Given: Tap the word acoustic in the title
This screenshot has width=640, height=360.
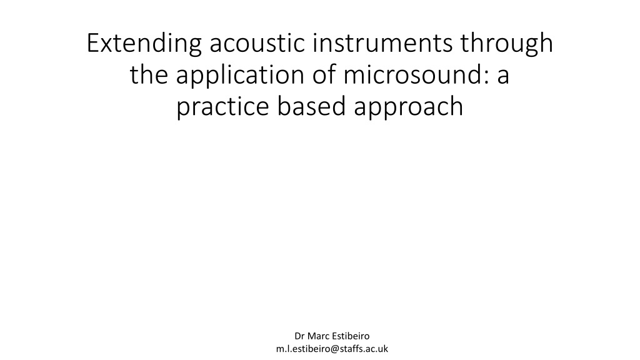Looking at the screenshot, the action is coord(257,42).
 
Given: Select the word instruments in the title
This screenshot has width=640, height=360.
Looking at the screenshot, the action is coord(382,42).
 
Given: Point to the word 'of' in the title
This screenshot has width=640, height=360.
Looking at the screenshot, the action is coord(324,74).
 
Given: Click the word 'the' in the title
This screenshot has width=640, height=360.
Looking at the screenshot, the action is coord(149,74).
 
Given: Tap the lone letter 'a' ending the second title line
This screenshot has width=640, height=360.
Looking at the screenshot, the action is coord(503,77).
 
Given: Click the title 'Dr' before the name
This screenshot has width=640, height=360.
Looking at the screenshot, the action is coord(299,336).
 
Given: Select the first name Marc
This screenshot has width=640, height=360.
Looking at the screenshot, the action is coord(317,336).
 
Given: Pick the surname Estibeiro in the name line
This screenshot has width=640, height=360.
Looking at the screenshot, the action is coord(350,336).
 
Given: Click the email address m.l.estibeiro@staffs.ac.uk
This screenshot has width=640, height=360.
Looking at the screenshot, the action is coord(332,349).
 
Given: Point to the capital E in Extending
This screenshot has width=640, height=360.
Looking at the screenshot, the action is coord(93,43).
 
